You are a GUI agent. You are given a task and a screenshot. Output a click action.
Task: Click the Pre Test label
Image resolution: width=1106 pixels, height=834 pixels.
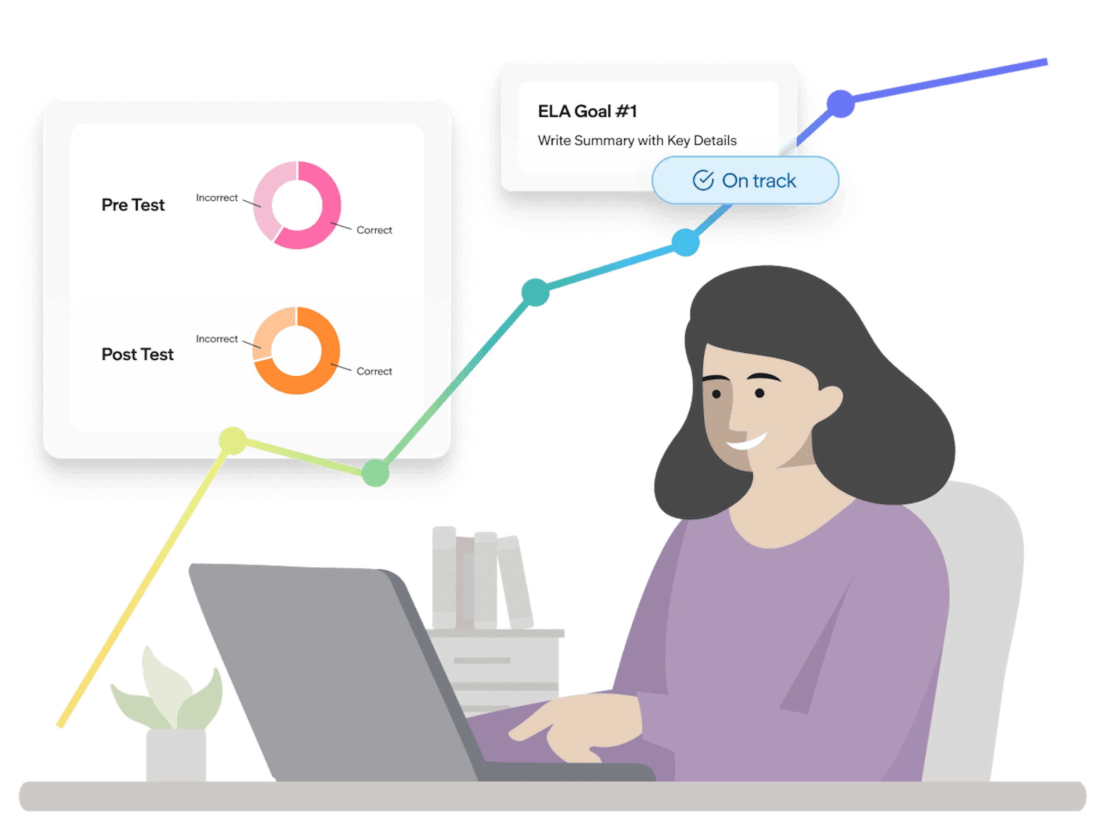coord(133,205)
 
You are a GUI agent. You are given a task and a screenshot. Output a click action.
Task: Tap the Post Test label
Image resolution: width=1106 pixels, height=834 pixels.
coord(137,354)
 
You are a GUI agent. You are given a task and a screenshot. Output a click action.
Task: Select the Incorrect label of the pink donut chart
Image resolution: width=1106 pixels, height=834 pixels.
coord(217,198)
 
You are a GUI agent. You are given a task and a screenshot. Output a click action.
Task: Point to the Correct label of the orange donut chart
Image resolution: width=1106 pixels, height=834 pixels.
coord(374,371)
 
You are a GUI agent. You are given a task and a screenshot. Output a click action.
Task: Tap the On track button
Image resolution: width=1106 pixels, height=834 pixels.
coord(745,180)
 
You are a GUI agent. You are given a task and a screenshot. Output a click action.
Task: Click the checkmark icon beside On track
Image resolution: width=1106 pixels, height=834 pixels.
coord(703,180)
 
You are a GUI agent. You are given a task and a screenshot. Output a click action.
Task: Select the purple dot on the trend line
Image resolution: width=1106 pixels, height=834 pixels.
coord(840,103)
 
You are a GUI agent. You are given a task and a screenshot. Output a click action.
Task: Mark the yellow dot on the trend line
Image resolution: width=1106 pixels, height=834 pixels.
coord(232,441)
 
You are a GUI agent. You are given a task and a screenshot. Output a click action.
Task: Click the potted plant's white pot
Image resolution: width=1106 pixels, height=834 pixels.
coord(176,755)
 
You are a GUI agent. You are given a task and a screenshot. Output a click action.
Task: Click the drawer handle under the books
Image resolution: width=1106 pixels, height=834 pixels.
coord(482,661)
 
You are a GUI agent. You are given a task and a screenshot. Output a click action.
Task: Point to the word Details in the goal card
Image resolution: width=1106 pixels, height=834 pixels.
coord(715,141)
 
